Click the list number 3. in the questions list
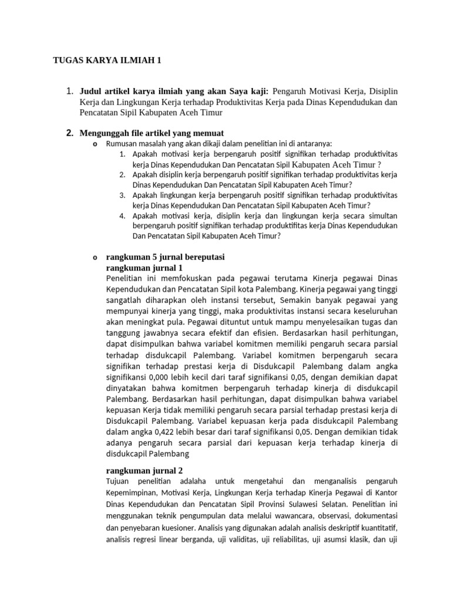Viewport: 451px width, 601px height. pos(122,195)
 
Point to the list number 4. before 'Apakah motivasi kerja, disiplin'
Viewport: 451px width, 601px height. pos(122,215)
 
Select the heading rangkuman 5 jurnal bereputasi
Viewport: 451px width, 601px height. pos(165,257)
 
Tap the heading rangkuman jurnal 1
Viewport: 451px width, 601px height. pos(144,268)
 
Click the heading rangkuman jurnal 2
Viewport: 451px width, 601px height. pos(144,470)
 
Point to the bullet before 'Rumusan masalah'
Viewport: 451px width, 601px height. pos(95,144)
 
